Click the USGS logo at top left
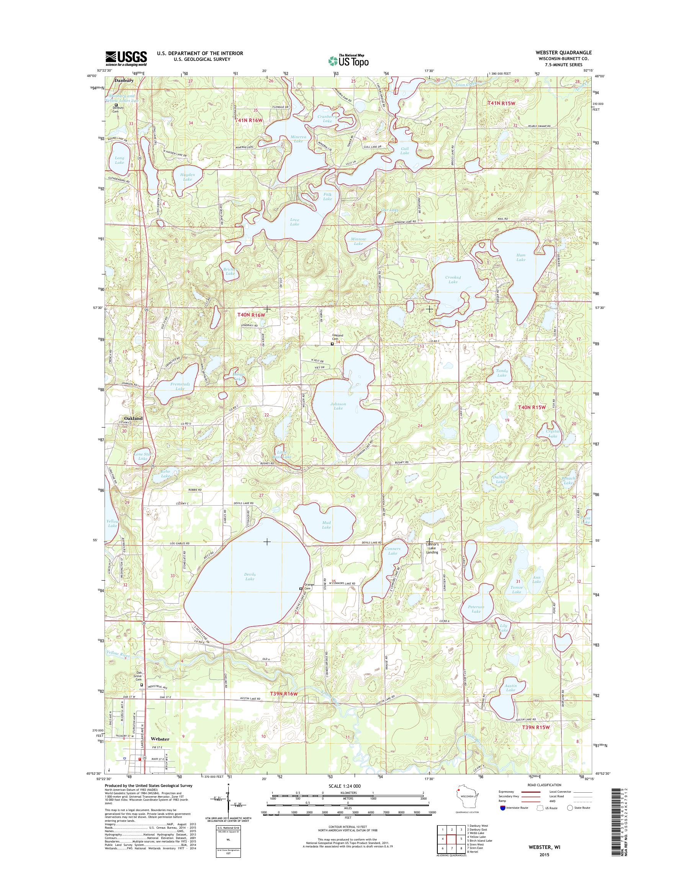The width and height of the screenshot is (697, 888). click(x=126, y=58)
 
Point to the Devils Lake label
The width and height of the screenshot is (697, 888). click(x=250, y=576)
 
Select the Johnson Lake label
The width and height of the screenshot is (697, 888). click(x=338, y=406)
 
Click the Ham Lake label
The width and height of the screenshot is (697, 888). click(x=521, y=257)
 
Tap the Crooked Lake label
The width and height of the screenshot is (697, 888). click(x=453, y=279)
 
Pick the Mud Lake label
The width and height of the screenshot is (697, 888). click(x=326, y=524)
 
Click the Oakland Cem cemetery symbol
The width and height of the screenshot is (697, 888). click(x=332, y=344)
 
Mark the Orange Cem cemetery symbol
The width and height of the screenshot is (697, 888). click(x=301, y=589)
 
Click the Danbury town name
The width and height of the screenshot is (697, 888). click(x=124, y=81)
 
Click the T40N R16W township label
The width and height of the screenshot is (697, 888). click(x=252, y=315)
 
